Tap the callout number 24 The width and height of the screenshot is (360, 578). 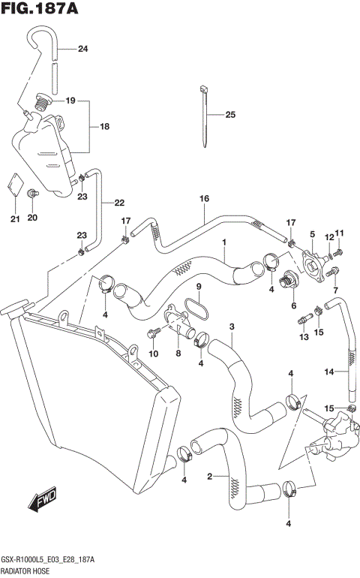click(82, 50)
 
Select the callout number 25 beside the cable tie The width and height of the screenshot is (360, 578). click(229, 115)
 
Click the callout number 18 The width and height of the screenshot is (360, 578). click(104, 127)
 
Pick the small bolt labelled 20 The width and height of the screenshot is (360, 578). click(32, 195)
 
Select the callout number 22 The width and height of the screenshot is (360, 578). click(119, 202)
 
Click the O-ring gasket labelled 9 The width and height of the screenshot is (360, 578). click(200, 309)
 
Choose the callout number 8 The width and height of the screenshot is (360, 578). click(178, 353)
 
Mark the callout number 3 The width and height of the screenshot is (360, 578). click(232, 326)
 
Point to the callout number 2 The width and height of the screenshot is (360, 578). click(209, 475)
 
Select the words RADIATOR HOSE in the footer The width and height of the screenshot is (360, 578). click(25, 570)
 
